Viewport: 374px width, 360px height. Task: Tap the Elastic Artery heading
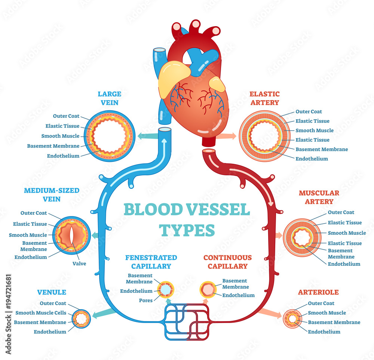(x=264, y=98)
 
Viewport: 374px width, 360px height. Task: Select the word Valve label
(x=79, y=264)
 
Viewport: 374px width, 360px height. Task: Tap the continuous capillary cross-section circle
(x=208, y=289)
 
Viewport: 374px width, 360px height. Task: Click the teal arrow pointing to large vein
(x=146, y=136)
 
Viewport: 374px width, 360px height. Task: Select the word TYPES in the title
(x=187, y=230)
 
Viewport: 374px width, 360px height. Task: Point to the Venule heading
(x=52, y=292)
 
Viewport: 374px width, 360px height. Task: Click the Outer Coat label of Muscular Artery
(x=341, y=212)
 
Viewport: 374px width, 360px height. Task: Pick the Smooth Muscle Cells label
(x=42, y=313)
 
